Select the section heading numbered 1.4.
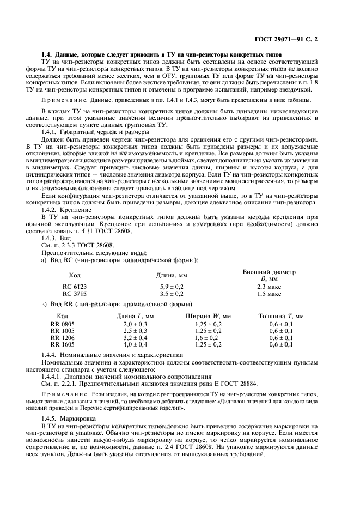(162, 56)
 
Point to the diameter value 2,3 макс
(269, 286)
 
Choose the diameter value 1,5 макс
(269, 293)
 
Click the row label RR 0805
(63, 324)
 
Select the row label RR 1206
(63, 338)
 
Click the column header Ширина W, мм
(208, 316)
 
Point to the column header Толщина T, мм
(281, 316)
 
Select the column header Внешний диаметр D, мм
(269, 275)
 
